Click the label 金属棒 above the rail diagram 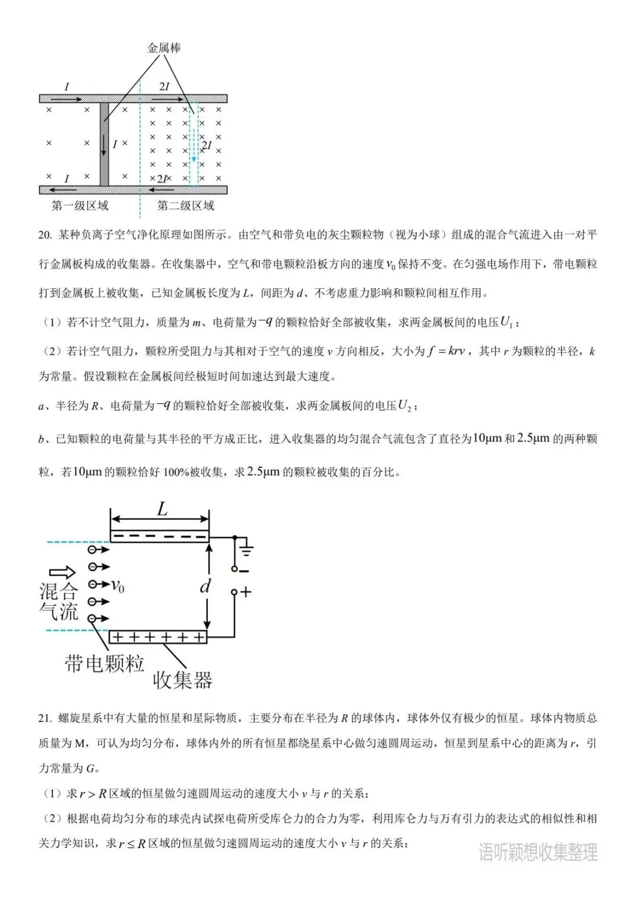pyautogui.click(x=164, y=48)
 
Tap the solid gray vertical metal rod pyautogui.click(x=104, y=144)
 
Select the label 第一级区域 pyautogui.click(x=80, y=206)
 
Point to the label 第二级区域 pyautogui.click(x=185, y=206)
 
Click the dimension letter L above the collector pyautogui.click(x=162, y=509)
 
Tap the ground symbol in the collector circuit pyautogui.click(x=247, y=550)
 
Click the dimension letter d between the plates pyautogui.click(x=205, y=586)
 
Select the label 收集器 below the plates pyautogui.click(x=183, y=680)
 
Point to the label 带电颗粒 pyautogui.click(x=104, y=664)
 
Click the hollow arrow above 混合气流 pyautogui.click(x=62, y=572)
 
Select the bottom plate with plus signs pyautogui.click(x=158, y=637)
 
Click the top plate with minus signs pyautogui.click(x=160, y=536)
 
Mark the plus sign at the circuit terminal pyautogui.click(x=246, y=592)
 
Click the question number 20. pyautogui.click(x=45, y=235)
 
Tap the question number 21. pyautogui.click(x=45, y=718)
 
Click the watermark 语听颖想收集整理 pyautogui.click(x=538, y=852)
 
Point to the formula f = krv pyautogui.click(x=446, y=351)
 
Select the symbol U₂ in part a pyautogui.click(x=405, y=406)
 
